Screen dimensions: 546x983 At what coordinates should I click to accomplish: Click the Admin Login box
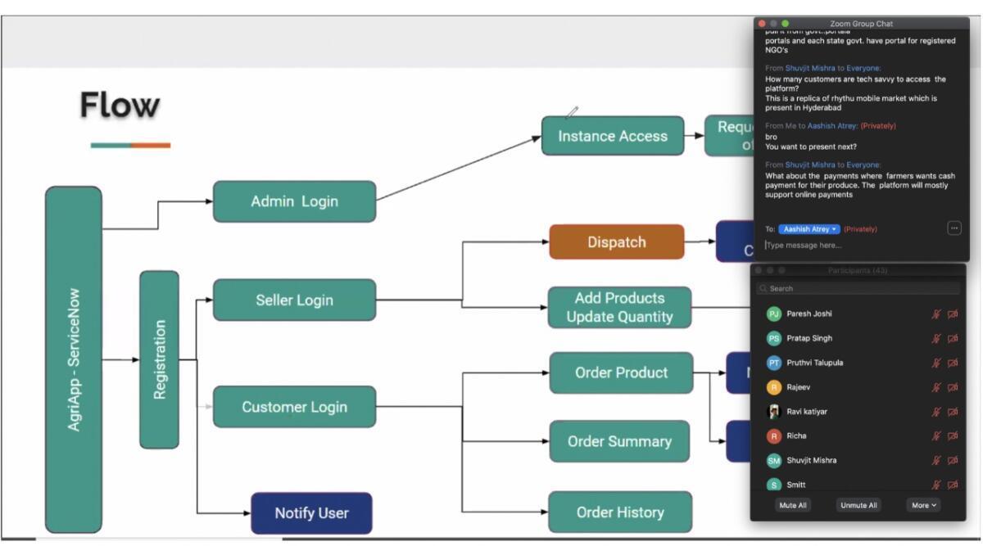pyautogui.click(x=294, y=201)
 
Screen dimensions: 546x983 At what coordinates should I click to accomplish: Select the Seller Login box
pyautogui.click(x=294, y=300)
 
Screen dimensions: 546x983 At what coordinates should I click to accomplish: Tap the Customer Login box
pyautogui.click(x=294, y=407)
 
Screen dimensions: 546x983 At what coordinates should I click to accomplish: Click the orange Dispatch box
pyautogui.click(x=616, y=242)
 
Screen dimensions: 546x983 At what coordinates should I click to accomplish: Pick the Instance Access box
pyautogui.click(x=612, y=137)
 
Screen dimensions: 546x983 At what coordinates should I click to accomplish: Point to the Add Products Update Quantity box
pyautogui.click(x=619, y=308)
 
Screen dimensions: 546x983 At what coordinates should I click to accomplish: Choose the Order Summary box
pyautogui.click(x=619, y=441)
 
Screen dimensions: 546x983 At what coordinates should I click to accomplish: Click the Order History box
pyautogui.click(x=619, y=512)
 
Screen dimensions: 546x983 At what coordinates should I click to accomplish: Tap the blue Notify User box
pyautogui.click(x=311, y=513)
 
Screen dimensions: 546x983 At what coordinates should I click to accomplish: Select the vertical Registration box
pyautogui.click(x=159, y=359)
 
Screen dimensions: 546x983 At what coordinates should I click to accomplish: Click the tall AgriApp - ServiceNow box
pyautogui.click(x=74, y=359)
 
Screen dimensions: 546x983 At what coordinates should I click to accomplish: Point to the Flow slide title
pyautogui.click(x=120, y=106)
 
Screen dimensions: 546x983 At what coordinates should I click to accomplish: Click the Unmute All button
pyautogui.click(x=858, y=505)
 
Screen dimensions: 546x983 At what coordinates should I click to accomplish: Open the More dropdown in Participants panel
pyautogui.click(x=924, y=505)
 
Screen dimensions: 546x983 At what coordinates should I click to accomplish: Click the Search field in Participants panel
pyautogui.click(x=858, y=288)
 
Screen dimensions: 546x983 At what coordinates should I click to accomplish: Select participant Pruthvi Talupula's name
pyautogui.click(x=814, y=363)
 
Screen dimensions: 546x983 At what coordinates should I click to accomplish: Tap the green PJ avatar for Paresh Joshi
pyautogui.click(x=773, y=314)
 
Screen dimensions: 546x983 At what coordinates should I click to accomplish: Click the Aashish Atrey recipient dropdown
pyautogui.click(x=809, y=229)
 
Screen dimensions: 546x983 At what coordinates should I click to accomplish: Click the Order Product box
pyautogui.click(x=621, y=373)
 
